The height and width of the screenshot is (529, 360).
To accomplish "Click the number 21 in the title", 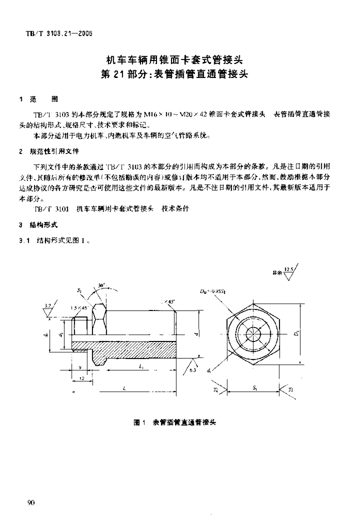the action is pyautogui.click(x=133, y=74).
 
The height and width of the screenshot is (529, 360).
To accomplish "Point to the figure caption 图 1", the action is pyautogui.click(x=138, y=422).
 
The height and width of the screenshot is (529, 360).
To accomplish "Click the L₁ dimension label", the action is pyautogui.click(x=141, y=366).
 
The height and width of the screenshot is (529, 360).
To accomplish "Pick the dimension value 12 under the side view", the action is pyautogui.click(x=82, y=379).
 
